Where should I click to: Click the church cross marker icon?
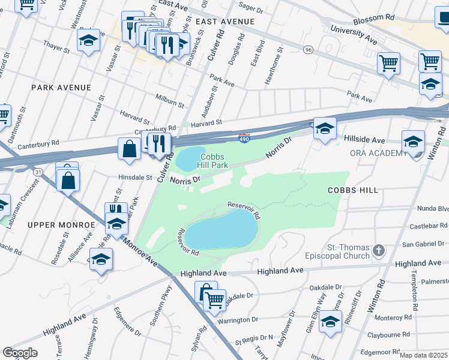click(x=378, y=249)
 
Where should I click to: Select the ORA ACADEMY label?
click(x=378, y=153)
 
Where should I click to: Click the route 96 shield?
click(x=309, y=49)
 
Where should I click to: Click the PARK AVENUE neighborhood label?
click(x=61, y=88)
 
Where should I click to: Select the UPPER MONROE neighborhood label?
click(x=61, y=224)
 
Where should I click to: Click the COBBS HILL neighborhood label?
click(x=352, y=190)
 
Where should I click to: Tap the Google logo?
click(x=20, y=353)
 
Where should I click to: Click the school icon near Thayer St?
click(x=89, y=41)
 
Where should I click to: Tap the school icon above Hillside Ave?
click(x=325, y=128)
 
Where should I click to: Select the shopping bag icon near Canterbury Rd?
click(x=129, y=148)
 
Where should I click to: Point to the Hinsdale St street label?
click(x=135, y=178)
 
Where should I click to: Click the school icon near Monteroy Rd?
click(x=330, y=322)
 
